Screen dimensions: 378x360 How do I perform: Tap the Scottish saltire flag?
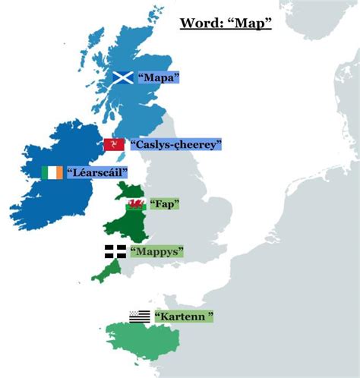point(123,77)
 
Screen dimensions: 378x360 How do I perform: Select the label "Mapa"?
point(159,77)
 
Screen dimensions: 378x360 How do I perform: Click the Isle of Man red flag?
point(115,144)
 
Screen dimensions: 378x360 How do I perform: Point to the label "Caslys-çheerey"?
point(175,144)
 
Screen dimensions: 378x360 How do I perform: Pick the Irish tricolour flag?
point(52,172)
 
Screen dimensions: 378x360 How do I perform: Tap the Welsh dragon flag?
point(136,203)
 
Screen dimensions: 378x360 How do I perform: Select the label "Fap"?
point(165,203)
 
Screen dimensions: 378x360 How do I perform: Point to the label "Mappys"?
point(158,251)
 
